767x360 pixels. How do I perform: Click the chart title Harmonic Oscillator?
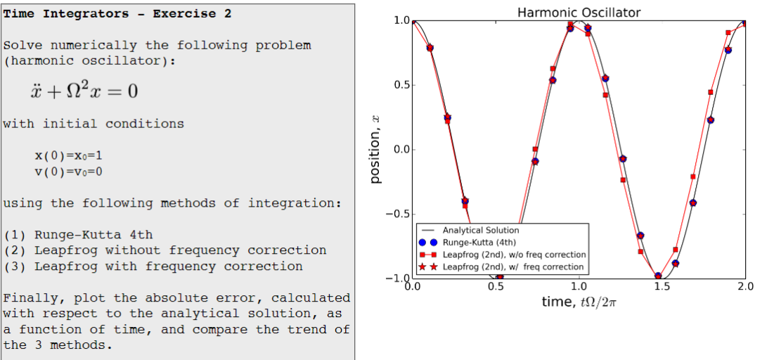pos(579,12)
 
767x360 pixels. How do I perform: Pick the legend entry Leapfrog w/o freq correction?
pos(514,255)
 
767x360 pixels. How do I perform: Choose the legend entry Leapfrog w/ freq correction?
pos(513,266)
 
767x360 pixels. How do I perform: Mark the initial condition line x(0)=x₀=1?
pos(72,155)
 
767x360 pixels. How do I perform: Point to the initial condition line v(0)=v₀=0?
pos(72,171)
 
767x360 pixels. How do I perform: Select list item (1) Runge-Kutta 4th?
pos(78,235)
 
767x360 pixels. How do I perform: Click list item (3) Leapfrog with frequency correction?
pos(153,266)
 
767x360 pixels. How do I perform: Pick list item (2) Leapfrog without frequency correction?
pos(165,250)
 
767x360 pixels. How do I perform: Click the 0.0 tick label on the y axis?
pos(400,149)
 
